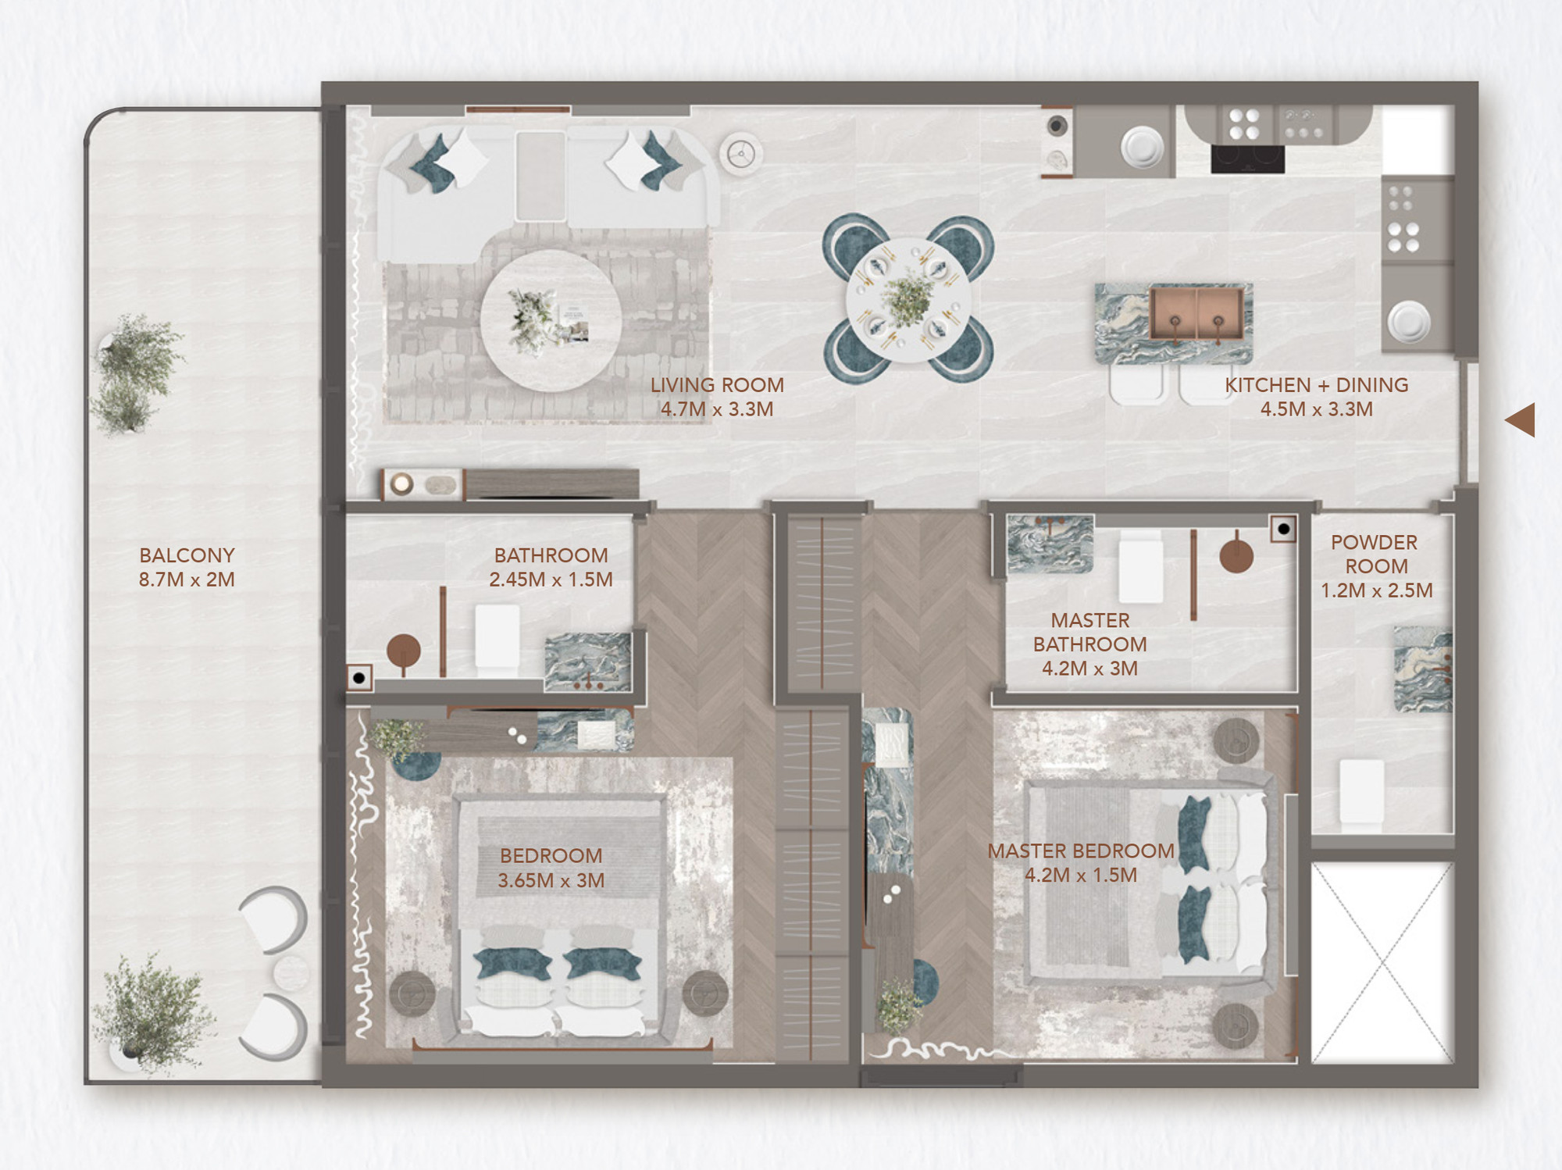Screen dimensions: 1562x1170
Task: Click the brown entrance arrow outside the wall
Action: pos(1520,420)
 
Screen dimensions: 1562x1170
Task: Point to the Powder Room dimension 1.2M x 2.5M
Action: pos(1377,590)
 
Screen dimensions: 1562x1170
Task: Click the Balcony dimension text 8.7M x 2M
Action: pos(187,580)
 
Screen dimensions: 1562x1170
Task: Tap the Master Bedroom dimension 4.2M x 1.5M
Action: pos(1081,876)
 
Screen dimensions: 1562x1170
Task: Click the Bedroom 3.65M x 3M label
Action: pos(551,868)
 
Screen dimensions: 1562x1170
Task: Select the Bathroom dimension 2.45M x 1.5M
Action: pos(551,580)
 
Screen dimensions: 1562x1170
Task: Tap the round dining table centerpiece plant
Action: pos(908,299)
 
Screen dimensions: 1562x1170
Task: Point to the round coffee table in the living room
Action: pos(551,320)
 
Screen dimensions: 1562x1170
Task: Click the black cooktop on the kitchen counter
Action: pos(1247,159)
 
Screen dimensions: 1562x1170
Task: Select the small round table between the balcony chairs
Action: pos(291,972)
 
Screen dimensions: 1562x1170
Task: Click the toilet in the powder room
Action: pos(1361,791)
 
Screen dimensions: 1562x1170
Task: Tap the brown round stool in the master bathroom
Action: pos(1236,556)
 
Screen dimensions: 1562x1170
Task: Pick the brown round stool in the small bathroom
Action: pos(404,650)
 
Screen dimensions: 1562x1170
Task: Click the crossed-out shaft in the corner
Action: pos(1382,962)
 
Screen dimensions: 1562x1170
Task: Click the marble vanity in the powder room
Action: pos(1423,669)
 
